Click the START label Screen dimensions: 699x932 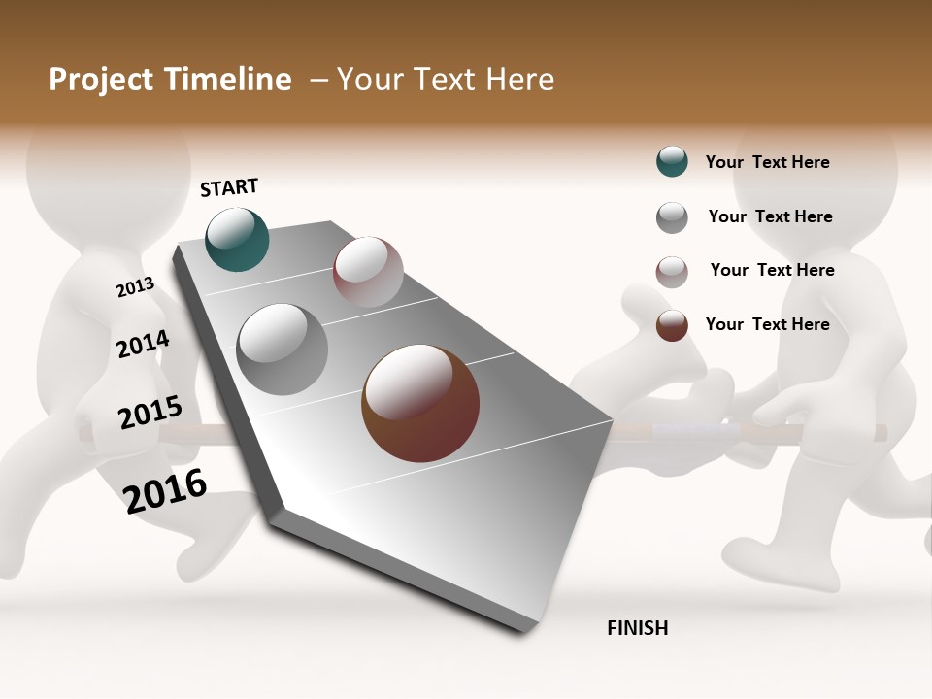coord(229,187)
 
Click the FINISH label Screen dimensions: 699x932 coord(637,628)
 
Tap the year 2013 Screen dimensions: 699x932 coord(135,287)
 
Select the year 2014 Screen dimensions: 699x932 coord(143,345)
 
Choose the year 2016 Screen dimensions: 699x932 coord(165,491)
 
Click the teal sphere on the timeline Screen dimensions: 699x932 coord(237,239)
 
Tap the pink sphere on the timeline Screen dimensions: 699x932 coord(368,272)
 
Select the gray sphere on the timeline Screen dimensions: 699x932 coord(282,349)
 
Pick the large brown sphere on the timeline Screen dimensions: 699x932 coord(420,403)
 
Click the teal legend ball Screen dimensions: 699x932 coord(672,161)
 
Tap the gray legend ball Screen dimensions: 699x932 coord(672,217)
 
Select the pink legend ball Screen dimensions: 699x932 coord(672,272)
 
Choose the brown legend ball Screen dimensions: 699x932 coord(672,325)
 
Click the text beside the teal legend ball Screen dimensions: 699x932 coord(767,162)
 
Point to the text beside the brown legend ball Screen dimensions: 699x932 coord(767,324)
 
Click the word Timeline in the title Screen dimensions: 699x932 coord(227,80)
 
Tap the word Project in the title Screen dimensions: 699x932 coord(100,81)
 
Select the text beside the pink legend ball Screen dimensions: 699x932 coord(772,270)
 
